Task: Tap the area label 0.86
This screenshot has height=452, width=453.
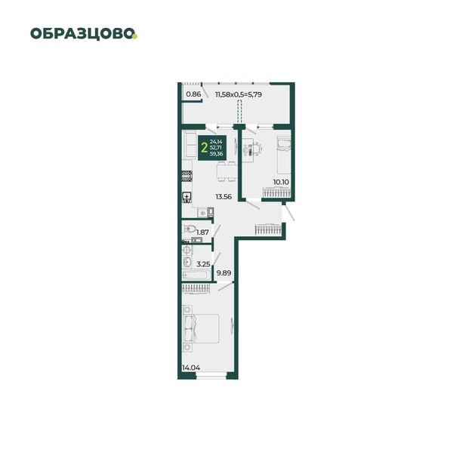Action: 193,94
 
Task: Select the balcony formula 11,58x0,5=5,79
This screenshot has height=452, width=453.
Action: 239,94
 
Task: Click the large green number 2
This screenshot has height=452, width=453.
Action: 205,148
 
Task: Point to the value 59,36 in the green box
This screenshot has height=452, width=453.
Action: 217,154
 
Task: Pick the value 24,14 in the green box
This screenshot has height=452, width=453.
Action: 216,142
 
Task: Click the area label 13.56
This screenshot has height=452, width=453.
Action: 223,197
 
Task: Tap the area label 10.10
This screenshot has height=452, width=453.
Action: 281,182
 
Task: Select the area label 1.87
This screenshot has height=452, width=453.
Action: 202,232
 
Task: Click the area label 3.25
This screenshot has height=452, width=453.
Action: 203,264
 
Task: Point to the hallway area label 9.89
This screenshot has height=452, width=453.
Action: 224,272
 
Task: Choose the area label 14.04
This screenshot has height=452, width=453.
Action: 191,367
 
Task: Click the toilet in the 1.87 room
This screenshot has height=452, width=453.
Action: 190,229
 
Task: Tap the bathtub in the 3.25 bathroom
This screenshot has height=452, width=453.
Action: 197,275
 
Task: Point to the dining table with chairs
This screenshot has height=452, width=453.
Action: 226,171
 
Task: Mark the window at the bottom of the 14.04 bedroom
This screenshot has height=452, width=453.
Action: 211,376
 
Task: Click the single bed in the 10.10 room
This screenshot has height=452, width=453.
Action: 284,155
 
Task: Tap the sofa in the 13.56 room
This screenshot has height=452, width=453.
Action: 191,145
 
